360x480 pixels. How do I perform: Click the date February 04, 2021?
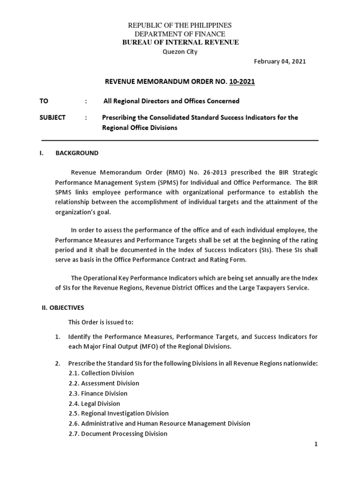(280, 61)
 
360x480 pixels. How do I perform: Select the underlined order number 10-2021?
(242, 82)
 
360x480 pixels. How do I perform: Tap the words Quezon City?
(180, 52)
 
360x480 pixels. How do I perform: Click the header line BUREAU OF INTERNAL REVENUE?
(180, 42)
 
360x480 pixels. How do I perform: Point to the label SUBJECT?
(52, 118)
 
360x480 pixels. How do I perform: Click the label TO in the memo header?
(44, 101)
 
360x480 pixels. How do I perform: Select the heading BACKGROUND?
(77, 153)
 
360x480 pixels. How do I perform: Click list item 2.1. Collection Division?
(101, 373)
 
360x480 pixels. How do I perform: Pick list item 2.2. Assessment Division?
(104, 383)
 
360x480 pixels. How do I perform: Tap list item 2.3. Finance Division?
(97, 393)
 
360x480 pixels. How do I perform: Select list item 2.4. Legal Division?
(94, 404)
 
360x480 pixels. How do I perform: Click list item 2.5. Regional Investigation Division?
(118, 413)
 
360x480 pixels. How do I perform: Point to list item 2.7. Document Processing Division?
(118, 434)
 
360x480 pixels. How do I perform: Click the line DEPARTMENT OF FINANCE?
(180, 34)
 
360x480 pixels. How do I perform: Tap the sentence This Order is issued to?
(101, 322)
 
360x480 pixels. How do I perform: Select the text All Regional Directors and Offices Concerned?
(171, 101)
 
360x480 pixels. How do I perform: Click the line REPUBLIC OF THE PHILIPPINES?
(180, 25)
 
